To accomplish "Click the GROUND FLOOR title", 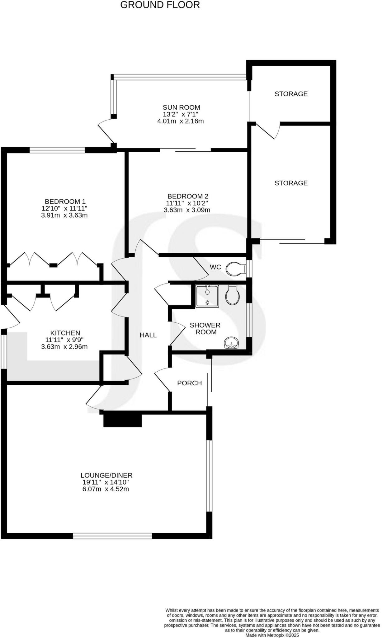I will coord(160,5).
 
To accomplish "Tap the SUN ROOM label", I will coord(181,107).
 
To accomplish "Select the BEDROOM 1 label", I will coord(65,202).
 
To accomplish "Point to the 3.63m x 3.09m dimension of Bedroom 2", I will coord(187,210).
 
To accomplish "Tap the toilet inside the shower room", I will coord(233,295).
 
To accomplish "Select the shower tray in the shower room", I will coord(207,296).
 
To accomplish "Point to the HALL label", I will coord(148,335).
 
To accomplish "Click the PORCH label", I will coord(189,383).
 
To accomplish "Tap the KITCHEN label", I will coord(65,333).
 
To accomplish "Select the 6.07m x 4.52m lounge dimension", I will coord(106,489).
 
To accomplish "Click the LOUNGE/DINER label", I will coord(106,475).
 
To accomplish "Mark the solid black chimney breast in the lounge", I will coord(122,420).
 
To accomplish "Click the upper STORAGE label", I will coord(291,94).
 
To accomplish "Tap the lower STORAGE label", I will coord(291,183).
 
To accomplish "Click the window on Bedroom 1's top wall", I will coord(57,150).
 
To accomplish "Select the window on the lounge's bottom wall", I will coord(112,536).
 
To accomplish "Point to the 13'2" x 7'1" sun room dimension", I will coord(181,114).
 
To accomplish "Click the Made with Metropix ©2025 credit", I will coord(272,635).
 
